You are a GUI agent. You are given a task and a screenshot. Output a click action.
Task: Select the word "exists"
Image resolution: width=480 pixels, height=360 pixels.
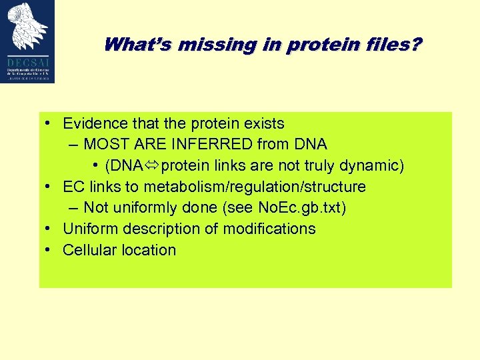(263, 123)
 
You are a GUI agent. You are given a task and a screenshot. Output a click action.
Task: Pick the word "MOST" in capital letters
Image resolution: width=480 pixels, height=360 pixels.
(105, 144)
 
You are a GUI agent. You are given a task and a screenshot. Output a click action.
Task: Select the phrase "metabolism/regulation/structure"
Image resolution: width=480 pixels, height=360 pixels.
(255, 187)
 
